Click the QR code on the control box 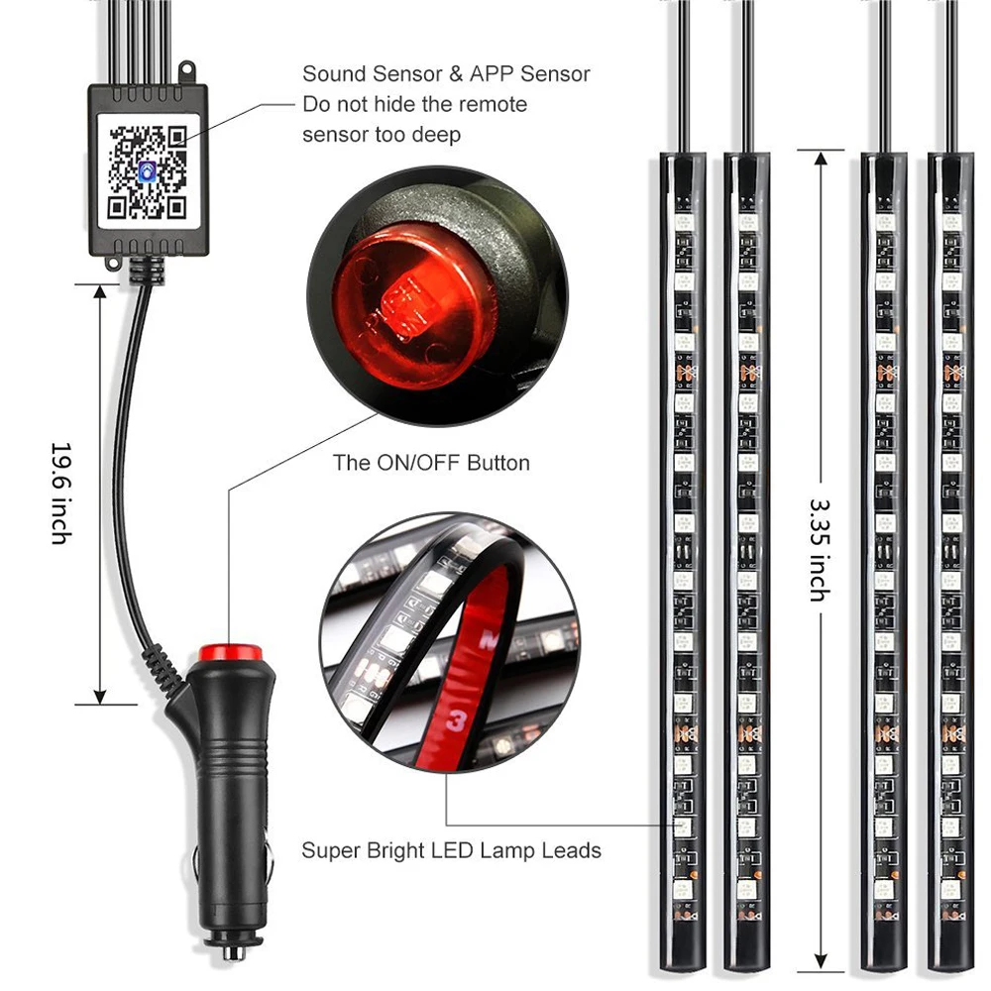[x=147, y=170]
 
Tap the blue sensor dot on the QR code [x=147, y=171]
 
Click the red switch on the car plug [x=230, y=654]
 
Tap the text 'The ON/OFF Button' [x=431, y=463]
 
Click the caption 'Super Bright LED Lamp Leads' [x=451, y=850]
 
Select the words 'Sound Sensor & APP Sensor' [x=446, y=73]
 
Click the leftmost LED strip [x=684, y=555]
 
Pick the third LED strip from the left [x=885, y=555]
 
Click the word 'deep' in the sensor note [x=436, y=135]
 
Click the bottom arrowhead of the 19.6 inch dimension [x=99, y=694]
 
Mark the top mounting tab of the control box [x=184, y=70]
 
